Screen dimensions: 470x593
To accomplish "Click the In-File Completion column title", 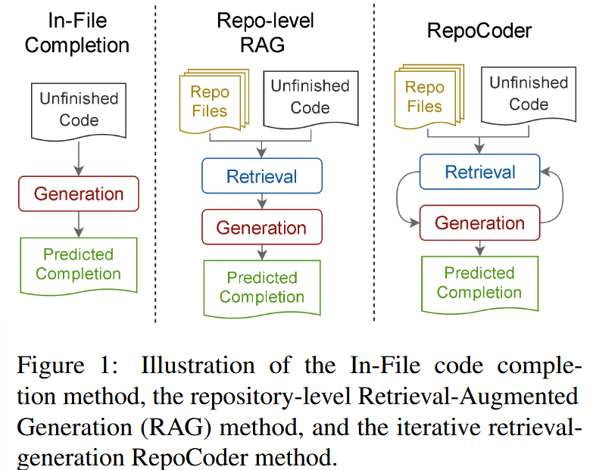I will pos(76,33).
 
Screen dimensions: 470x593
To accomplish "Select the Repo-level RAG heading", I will pos(262,33).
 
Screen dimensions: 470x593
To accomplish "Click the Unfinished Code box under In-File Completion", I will pos(79,109).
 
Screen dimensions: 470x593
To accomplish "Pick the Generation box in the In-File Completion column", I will pos(78,193).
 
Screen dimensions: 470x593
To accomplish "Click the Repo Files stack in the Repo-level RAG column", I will pos(210,102).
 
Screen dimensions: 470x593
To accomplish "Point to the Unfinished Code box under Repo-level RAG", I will pos(310,98).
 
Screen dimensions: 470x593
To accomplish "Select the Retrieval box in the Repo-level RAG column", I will pos(262,177).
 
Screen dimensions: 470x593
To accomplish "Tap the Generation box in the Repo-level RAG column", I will pos(262,227).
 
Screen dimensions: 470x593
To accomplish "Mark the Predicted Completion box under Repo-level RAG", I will pos(262,288).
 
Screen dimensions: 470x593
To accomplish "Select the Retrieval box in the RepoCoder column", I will pos(480,173).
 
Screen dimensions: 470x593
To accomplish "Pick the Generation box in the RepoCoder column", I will pos(480,223).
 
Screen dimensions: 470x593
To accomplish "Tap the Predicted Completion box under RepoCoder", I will pos(480,282).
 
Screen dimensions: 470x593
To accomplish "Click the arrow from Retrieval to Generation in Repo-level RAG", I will pos(262,201).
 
